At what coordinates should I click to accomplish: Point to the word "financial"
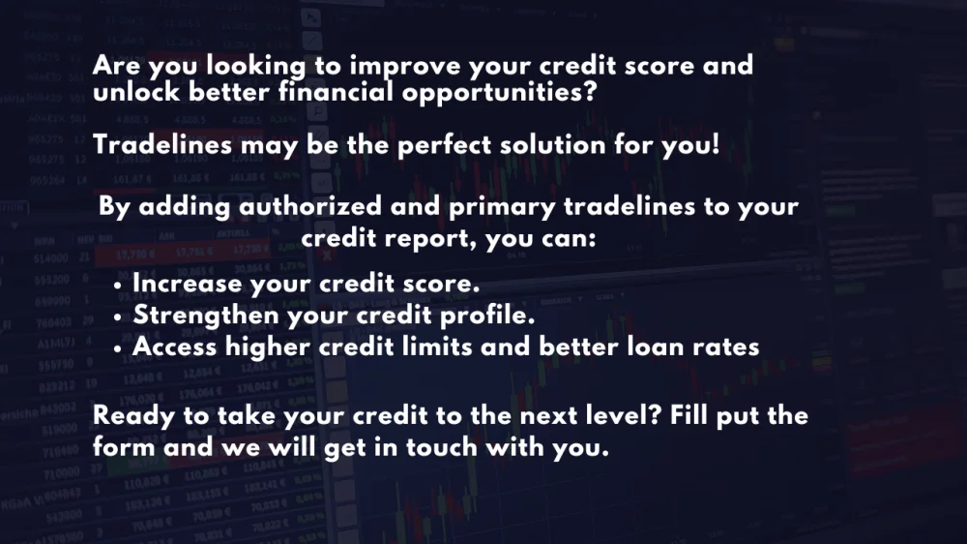[x=336, y=91]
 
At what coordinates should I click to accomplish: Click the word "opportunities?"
[x=500, y=93]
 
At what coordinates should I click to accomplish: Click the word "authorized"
[x=310, y=205]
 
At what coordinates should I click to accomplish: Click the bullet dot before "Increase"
[x=117, y=286]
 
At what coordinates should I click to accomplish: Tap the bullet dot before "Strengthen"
[x=117, y=317]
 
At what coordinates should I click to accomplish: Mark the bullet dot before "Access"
[x=117, y=348]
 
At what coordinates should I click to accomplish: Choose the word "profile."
[x=487, y=316]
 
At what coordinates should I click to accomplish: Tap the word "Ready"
[x=133, y=416]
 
